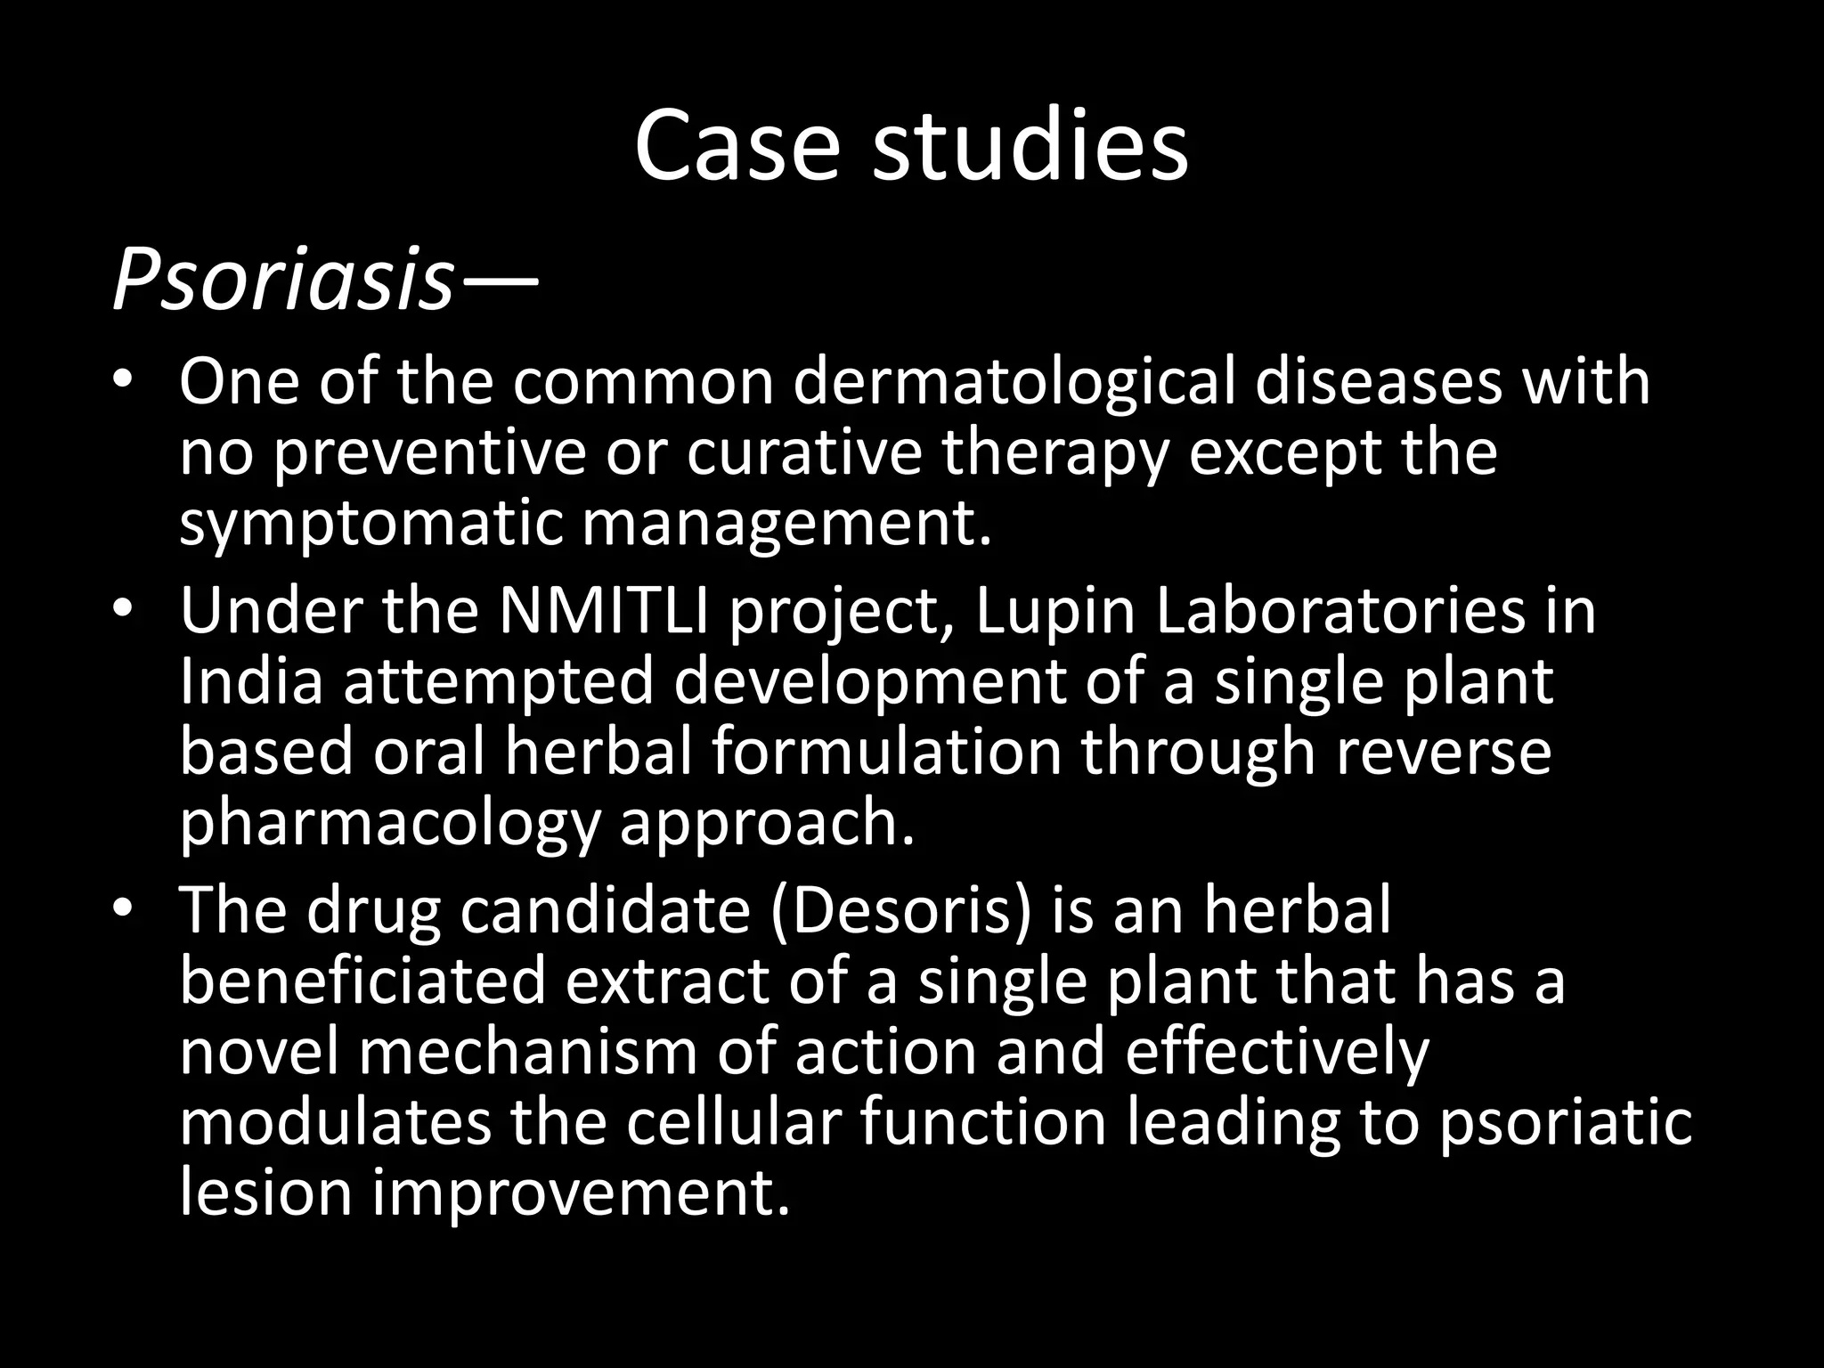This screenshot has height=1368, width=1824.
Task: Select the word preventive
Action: (428, 452)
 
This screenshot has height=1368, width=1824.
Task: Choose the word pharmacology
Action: (389, 825)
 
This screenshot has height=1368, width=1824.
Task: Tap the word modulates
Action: (335, 1122)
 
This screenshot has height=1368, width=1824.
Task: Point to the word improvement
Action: (581, 1193)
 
